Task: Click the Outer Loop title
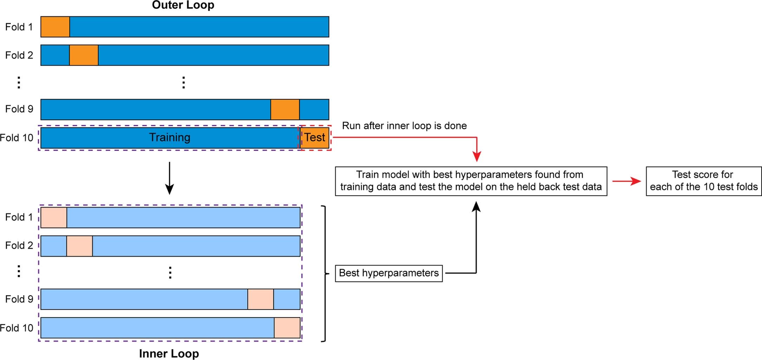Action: [x=183, y=5]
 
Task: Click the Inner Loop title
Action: [x=169, y=353]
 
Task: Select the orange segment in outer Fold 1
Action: [x=55, y=27]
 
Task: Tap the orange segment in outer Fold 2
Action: [x=84, y=55]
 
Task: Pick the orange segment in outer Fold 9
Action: [x=285, y=109]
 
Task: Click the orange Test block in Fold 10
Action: [x=314, y=137]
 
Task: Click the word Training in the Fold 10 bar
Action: [x=169, y=137]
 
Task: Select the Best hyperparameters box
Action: [x=389, y=273]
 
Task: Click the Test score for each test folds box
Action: [x=703, y=181]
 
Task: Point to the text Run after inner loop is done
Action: [x=404, y=126]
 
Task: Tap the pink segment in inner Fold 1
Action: [x=54, y=217]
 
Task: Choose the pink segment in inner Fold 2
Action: [x=79, y=246]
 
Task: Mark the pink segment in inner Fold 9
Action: [x=260, y=299]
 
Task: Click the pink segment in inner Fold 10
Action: [x=287, y=328]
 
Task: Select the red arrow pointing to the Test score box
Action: [x=626, y=181]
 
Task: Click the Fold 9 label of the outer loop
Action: [x=19, y=109]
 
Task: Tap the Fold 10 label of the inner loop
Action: [x=17, y=328]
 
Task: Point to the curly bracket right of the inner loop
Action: [x=325, y=273]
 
